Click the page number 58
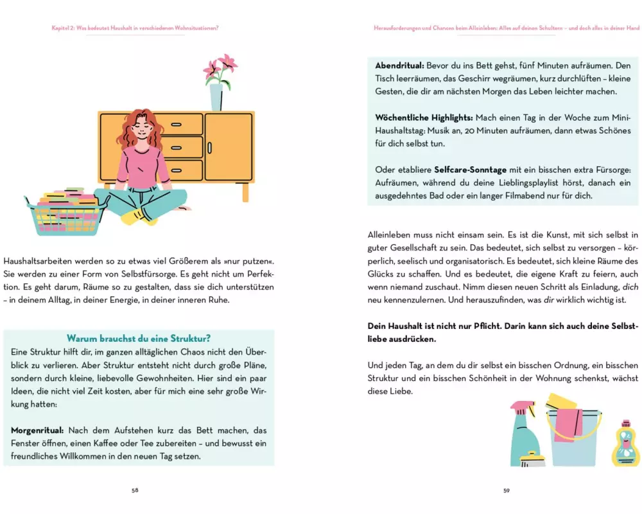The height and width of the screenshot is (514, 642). [135, 490]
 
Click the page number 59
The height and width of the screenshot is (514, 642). [507, 491]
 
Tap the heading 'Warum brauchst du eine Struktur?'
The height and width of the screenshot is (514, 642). [139, 339]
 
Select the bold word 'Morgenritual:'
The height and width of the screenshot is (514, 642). [37, 430]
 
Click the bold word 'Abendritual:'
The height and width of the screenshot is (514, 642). [399, 66]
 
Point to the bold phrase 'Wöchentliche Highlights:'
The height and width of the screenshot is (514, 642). [424, 118]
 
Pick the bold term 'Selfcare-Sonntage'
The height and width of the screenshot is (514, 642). [470, 170]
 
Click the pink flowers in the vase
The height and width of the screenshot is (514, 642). [221, 69]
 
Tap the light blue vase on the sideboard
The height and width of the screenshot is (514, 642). [216, 97]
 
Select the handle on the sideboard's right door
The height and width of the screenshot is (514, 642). [210, 148]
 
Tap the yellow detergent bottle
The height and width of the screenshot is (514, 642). [625, 445]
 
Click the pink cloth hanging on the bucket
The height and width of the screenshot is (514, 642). [568, 425]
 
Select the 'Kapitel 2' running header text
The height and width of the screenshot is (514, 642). [135, 28]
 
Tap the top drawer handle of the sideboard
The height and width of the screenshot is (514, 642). [176, 125]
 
